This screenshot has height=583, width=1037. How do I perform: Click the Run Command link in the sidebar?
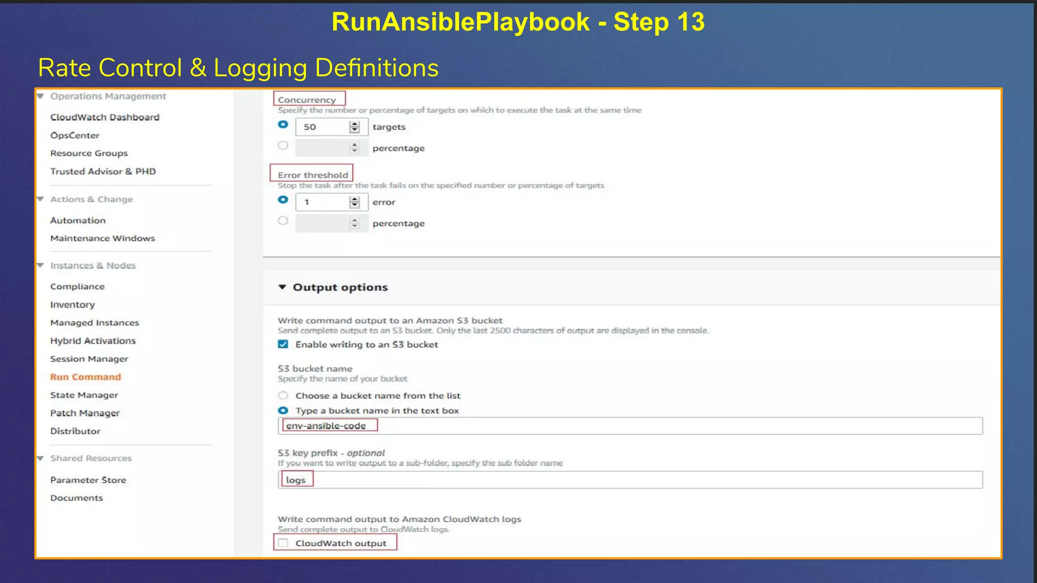click(x=86, y=377)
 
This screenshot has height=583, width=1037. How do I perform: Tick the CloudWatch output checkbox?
click(x=283, y=543)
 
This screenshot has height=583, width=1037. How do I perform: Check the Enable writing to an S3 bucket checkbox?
click(x=283, y=345)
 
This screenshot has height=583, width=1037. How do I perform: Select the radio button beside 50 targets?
click(x=283, y=124)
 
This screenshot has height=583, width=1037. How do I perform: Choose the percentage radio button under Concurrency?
click(x=283, y=146)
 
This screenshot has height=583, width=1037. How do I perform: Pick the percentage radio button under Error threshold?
click(x=283, y=221)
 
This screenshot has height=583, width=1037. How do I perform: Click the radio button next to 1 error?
click(x=283, y=200)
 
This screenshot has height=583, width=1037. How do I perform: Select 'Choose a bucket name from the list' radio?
click(x=283, y=396)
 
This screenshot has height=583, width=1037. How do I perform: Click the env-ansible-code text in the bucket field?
click(x=326, y=426)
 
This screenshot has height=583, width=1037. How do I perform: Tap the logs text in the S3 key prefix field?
click(x=296, y=480)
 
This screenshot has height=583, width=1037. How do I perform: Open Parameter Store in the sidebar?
click(x=88, y=480)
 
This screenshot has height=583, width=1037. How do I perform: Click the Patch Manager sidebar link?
click(x=85, y=413)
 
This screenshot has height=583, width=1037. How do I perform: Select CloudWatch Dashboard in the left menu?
click(x=105, y=117)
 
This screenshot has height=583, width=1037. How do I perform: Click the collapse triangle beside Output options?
click(x=283, y=287)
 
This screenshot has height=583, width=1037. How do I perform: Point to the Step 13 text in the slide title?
click(x=659, y=22)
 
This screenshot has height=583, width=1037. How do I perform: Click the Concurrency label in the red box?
click(x=307, y=100)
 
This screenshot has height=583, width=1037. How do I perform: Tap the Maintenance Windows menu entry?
click(x=103, y=238)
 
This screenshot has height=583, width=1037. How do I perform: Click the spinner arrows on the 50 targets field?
click(x=354, y=127)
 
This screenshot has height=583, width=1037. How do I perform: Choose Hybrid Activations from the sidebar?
click(x=93, y=341)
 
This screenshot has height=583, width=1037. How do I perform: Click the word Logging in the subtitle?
click(x=260, y=68)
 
